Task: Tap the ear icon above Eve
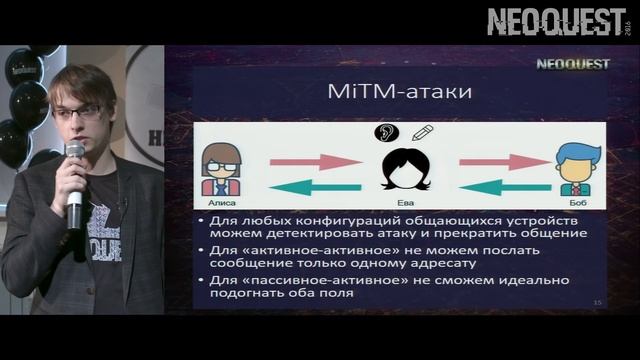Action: (x=384, y=132)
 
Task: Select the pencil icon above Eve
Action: (x=421, y=132)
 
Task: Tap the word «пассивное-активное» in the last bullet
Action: (x=308, y=281)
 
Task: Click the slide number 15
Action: (x=597, y=302)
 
